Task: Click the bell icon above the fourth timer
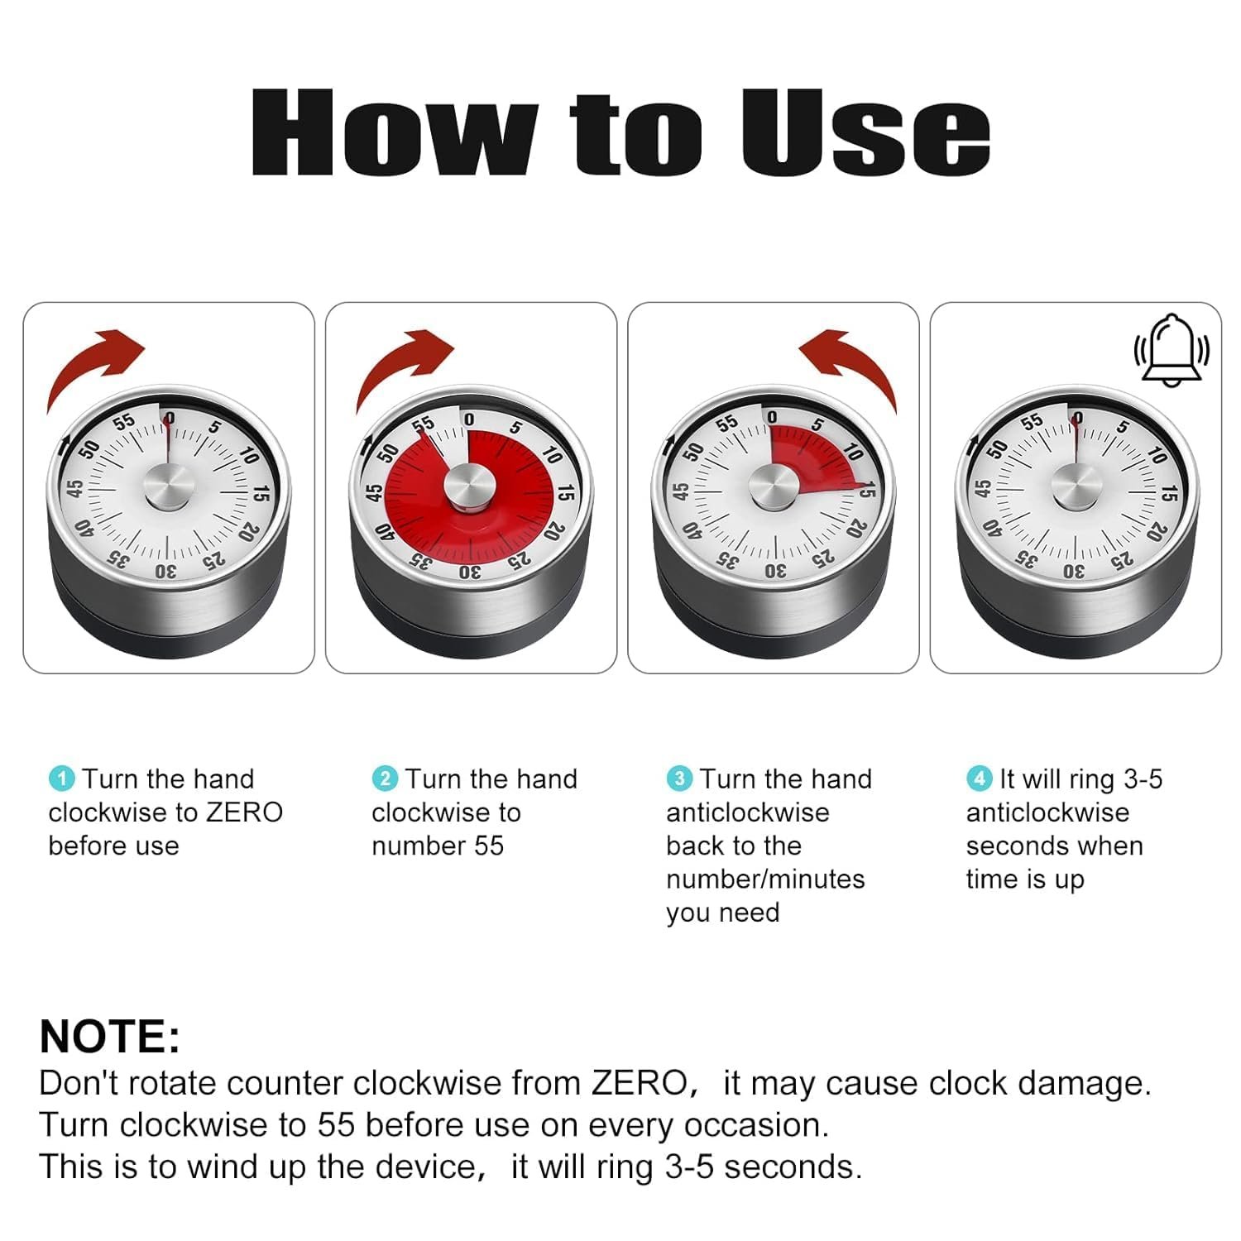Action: click(x=1172, y=350)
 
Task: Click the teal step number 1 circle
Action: click(x=62, y=779)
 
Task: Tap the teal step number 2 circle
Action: click(x=385, y=779)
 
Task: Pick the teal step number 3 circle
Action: click(x=679, y=779)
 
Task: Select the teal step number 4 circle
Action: click(x=980, y=779)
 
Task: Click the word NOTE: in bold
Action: click(x=109, y=1036)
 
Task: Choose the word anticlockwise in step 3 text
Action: click(x=748, y=812)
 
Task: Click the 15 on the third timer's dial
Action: click(x=865, y=491)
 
